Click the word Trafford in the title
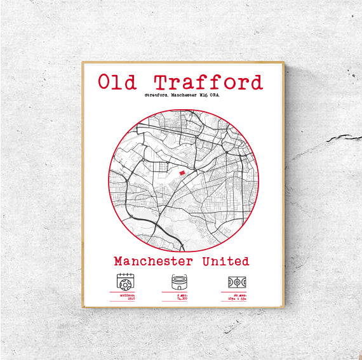point(208,83)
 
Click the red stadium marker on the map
point(182,172)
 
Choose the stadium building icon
point(180,281)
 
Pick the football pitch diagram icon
point(236,282)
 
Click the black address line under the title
point(183,98)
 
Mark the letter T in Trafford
point(161,83)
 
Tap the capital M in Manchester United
point(119,261)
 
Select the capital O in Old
point(104,83)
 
